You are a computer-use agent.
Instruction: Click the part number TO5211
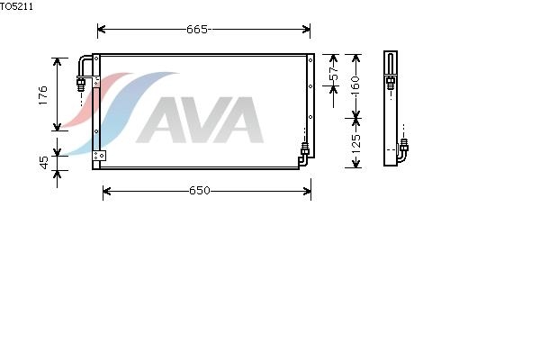16,6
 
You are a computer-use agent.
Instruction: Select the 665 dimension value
197,30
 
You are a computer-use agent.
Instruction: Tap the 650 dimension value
200,191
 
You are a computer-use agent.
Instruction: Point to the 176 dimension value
42,95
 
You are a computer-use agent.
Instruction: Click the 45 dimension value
44,163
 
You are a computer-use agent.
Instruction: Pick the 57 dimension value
334,73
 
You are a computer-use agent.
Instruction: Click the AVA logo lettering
200,120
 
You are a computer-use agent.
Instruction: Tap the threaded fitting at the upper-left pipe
81,84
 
